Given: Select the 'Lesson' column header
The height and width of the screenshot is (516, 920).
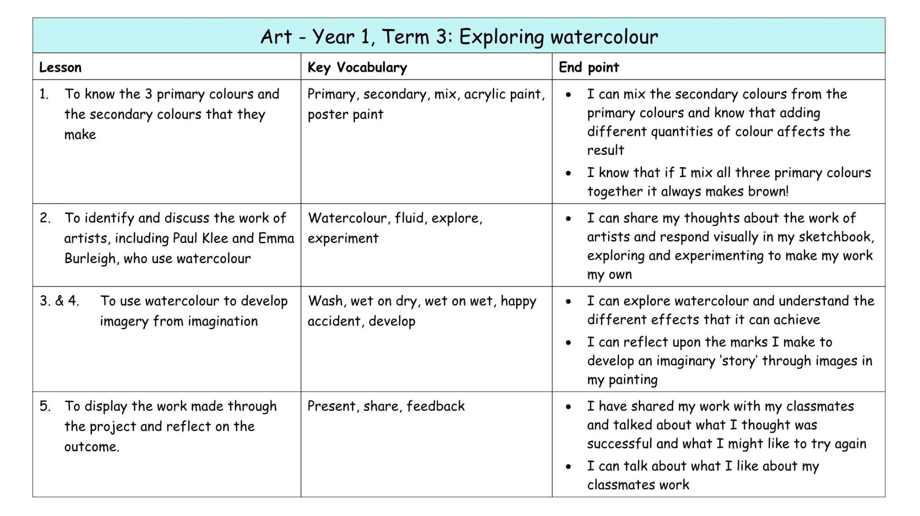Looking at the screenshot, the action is click(60, 67).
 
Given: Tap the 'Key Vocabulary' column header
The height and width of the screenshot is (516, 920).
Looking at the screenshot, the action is click(357, 68).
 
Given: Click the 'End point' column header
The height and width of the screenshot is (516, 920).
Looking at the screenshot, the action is click(589, 68).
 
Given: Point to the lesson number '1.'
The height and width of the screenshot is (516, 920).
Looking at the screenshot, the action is click(44, 94).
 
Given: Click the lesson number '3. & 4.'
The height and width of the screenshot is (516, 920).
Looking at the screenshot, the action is click(59, 301).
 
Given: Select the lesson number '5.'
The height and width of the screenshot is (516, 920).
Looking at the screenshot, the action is click(45, 406).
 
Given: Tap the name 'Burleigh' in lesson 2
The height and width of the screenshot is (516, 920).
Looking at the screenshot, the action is click(90, 259).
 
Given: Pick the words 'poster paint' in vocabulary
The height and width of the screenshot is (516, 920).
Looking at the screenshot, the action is click(345, 115).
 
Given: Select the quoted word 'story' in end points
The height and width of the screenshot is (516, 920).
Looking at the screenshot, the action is click(739, 361).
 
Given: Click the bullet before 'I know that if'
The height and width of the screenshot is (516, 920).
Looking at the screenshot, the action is click(568, 173).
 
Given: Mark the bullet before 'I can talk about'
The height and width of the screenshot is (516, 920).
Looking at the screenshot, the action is click(568, 466).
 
